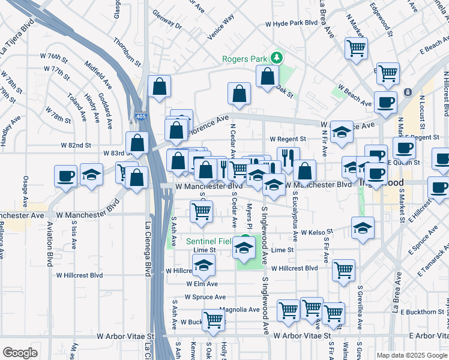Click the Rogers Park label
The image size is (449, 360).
point(245,59)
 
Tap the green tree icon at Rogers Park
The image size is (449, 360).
point(277,58)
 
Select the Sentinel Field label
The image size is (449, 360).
point(208,241)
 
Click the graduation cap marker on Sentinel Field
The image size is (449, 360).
point(243,247)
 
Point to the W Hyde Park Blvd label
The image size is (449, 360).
point(292,23)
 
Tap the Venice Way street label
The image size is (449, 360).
point(220,26)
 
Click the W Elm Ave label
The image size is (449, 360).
point(202,284)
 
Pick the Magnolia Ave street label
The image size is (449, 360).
point(239,310)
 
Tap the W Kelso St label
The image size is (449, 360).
point(317,232)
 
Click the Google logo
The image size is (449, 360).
point(20,353)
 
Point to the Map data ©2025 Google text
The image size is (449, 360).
point(411,355)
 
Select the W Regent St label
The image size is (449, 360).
point(288,139)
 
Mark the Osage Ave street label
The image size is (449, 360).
point(25,190)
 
